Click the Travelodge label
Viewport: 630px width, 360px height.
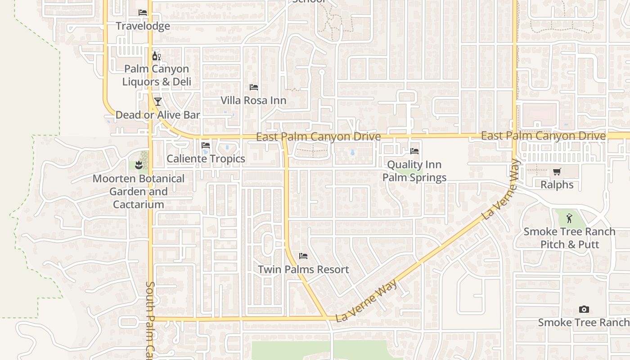(x=143, y=26)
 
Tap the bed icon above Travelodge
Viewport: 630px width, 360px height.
(x=143, y=13)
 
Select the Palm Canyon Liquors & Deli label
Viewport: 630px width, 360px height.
(x=157, y=75)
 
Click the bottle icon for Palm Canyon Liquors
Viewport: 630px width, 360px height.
(x=156, y=56)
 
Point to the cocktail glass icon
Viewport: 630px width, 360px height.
(x=157, y=101)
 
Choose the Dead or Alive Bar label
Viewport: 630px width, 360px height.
(x=157, y=115)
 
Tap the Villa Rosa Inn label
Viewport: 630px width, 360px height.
(x=253, y=100)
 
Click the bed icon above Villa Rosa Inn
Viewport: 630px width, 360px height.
(x=254, y=87)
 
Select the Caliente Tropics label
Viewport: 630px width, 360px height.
(x=206, y=158)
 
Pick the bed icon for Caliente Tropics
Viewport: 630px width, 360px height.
(x=206, y=145)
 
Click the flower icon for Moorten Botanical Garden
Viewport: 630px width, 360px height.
(x=139, y=165)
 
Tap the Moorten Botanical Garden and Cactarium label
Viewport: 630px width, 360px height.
(x=139, y=191)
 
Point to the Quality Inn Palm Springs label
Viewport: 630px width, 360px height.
(x=414, y=171)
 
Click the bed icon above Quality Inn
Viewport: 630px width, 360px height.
(x=414, y=151)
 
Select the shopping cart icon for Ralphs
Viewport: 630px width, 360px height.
(x=557, y=171)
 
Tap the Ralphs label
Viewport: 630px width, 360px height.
(x=557, y=184)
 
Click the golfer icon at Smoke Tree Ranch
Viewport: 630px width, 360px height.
(x=569, y=219)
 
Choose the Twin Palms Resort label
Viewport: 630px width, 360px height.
(x=303, y=269)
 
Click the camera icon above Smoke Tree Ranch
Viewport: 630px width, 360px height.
(x=584, y=309)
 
